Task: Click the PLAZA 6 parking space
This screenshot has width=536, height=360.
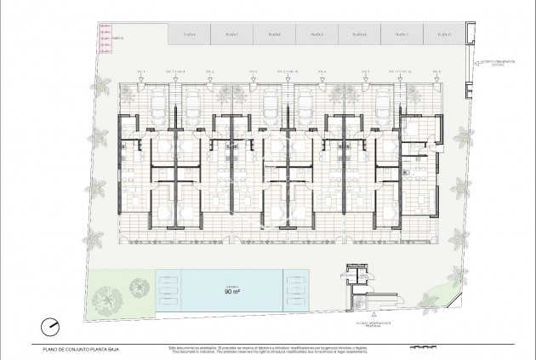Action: (189, 35)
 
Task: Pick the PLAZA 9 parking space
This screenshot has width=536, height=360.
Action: (317, 35)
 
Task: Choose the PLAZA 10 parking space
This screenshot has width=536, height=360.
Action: (359, 35)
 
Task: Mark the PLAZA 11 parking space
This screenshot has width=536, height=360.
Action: (402, 35)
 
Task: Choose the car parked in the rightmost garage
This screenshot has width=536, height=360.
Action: (382, 106)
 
